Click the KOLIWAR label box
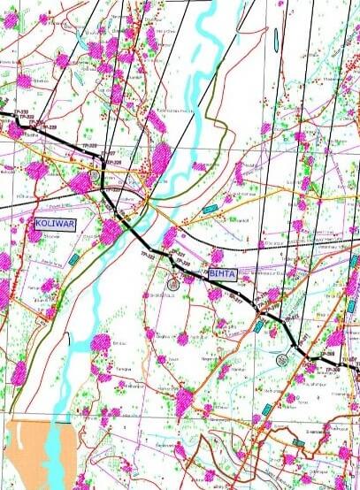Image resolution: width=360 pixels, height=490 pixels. point(56,224)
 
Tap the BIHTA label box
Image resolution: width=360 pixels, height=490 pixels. point(224,274)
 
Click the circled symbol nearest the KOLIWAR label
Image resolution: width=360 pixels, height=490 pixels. point(96,175)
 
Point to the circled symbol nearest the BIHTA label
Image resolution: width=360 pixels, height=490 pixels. point(173,284)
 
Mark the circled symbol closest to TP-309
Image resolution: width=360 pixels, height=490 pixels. point(282,359)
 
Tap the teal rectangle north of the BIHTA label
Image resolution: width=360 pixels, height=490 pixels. point(210,209)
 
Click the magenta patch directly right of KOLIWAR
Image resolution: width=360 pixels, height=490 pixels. point(111,233)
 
